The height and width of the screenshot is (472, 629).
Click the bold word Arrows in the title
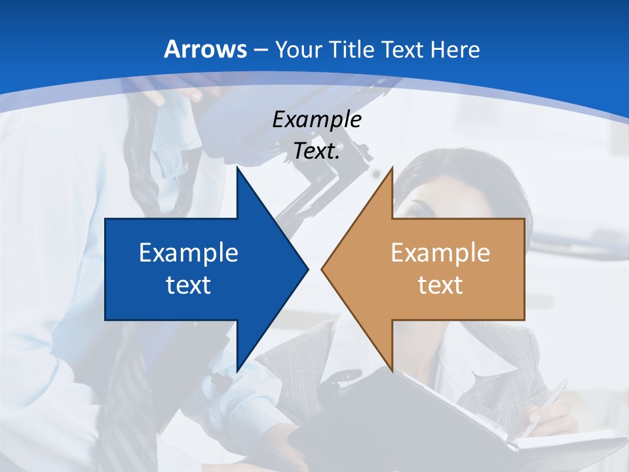205,49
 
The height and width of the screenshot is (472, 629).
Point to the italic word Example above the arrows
316,120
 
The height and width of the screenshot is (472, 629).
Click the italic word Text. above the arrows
316,151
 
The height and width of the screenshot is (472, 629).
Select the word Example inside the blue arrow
189,253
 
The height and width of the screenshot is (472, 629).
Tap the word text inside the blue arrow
189,285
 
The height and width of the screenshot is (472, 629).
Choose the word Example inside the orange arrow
440,253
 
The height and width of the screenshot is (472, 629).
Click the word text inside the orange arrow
440,285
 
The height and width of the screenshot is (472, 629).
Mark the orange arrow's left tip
322,269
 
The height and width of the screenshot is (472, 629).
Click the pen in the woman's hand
546,404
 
